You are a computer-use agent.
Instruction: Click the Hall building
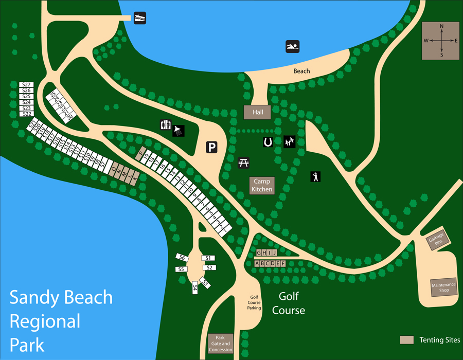tap(257, 112)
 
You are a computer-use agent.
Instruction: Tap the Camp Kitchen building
tap(262, 185)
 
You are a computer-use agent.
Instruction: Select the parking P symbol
tap(212, 148)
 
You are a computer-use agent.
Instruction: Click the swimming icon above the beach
tap(292, 47)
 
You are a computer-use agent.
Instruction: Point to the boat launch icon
tap(140, 17)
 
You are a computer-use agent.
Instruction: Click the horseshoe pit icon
tap(268, 142)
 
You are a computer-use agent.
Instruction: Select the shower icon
tap(179, 130)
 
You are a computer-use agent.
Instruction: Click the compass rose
tap(441, 41)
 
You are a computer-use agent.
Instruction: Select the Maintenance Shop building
tap(444, 287)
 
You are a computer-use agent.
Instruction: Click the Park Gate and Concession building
tap(220, 344)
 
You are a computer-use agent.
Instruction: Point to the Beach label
tap(301, 71)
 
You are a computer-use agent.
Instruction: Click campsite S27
tap(26, 84)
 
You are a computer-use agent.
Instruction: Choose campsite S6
tap(181, 257)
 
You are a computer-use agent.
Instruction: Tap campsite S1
tap(208, 258)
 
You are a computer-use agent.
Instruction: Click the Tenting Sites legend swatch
tap(407, 340)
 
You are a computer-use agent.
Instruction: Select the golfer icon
tap(315, 176)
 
